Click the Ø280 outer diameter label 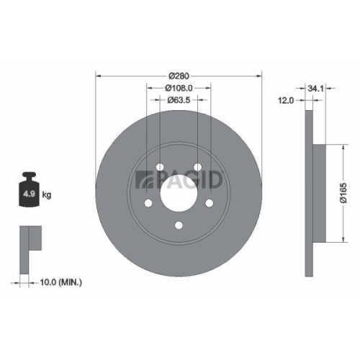pyautogui.click(x=179, y=76)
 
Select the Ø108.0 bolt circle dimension pyautogui.click(x=179, y=87)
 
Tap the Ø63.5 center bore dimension pyautogui.click(x=179, y=99)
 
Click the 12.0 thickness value pyautogui.click(x=287, y=102)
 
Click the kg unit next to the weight pyautogui.click(x=48, y=195)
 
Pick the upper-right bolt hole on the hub pyautogui.click(x=198, y=168)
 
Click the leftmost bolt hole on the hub pyautogui.click(x=148, y=204)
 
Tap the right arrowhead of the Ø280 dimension pyautogui.click(x=261, y=76)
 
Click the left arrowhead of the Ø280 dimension pyautogui.click(x=99, y=76)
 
